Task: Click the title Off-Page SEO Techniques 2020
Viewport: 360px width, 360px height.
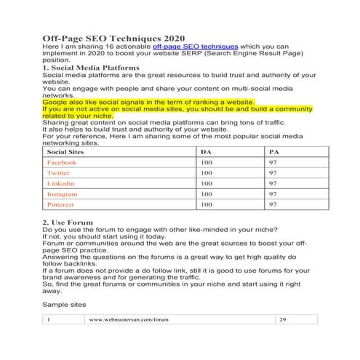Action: (x=114, y=38)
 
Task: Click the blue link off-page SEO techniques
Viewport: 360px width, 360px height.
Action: (x=184, y=47)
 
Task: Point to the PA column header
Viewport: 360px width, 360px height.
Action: (x=273, y=153)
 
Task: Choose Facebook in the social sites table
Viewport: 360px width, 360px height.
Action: (x=61, y=164)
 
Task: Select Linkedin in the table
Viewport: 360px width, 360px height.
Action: (x=60, y=185)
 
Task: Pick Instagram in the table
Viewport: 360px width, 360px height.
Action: (x=62, y=195)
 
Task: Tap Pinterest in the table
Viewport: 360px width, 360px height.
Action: (x=61, y=206)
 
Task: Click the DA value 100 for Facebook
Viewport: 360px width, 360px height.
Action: (x=207, y=164)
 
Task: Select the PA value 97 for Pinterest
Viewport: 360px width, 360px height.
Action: (x=273, y=206)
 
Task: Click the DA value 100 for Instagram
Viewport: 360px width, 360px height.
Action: (x=207, y=195)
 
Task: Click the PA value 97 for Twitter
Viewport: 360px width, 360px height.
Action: (x=273, y=174)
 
